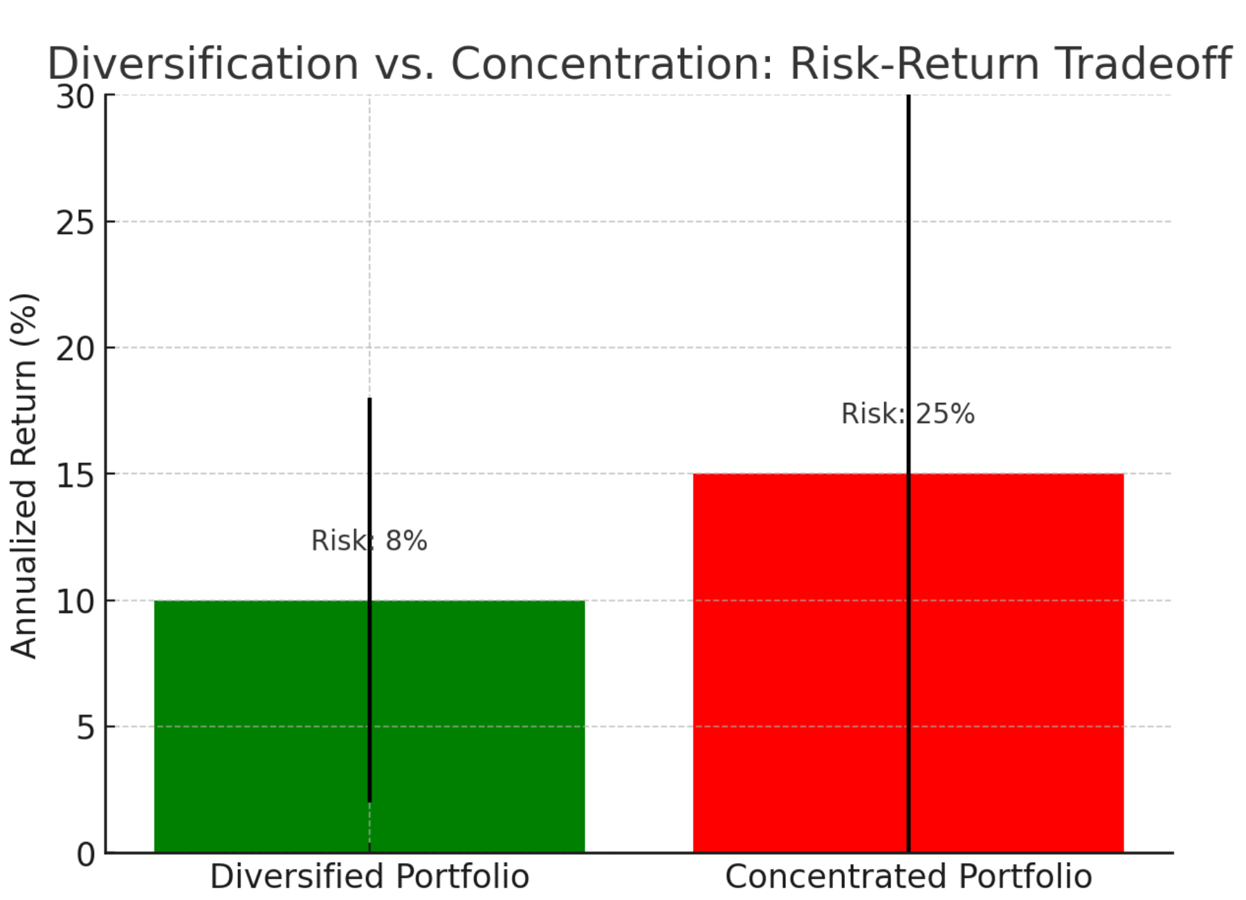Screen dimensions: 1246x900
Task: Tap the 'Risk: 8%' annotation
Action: (369, 541)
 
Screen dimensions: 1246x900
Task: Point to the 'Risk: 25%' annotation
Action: (908, 414)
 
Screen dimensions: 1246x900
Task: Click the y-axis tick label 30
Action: (75, 97)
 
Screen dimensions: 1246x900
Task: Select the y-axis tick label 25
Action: (75, 223)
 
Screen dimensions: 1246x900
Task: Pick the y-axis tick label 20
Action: (75, 349)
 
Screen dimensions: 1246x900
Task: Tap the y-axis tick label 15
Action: (75, 476)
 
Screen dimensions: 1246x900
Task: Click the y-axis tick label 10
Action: (75, 602)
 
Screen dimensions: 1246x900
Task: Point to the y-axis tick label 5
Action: (86, 728)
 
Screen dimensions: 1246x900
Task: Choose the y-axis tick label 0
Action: (86, 854)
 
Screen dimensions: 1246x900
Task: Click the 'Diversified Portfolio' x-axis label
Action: (369, 876)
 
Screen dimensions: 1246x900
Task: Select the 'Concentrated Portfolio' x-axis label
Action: (908, 876)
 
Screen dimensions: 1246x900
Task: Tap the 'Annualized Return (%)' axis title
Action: (24, 475)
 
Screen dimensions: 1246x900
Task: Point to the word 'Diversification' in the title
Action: (203, 64)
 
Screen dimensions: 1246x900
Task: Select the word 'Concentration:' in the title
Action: (612, 64)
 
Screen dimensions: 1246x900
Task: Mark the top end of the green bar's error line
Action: (369, 399)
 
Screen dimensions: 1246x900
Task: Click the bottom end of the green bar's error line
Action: (369, 802)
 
